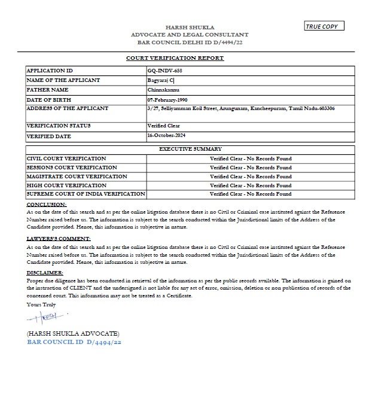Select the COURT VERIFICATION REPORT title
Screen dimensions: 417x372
(x=175, y=58)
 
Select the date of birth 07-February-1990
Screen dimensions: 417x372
(x=170, y=99)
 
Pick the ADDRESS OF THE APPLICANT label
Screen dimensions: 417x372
(x=68, y=108)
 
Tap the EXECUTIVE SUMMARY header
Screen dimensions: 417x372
(x=190, y=149)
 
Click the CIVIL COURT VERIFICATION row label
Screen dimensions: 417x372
(x=66, y=158)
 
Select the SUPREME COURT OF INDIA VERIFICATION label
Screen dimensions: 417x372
(x=86, y=194)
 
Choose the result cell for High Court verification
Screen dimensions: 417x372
(x=251, y=185)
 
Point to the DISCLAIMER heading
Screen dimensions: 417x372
(x=45, y=273)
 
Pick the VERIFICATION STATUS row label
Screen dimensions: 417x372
(x=57, y=126)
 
